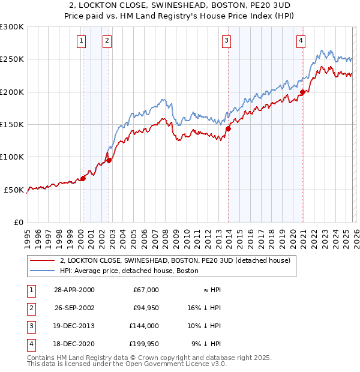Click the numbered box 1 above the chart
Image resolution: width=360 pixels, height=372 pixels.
(x=81, y=41)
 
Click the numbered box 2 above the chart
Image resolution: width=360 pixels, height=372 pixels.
(x=107, y=41)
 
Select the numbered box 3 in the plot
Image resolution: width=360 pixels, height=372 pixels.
(x=226, y=41)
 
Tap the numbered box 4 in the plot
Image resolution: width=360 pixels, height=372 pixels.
(x=301, y=41)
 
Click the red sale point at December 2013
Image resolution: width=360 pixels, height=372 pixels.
(x=229, y=128)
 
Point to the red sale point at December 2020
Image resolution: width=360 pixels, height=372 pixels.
(x=303, y=92)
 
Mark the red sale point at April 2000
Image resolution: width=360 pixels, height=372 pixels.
(x=83, y=178)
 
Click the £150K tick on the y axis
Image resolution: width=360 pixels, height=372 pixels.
(x=12, y=124)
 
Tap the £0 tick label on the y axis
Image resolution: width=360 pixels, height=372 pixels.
(x=18, y=222)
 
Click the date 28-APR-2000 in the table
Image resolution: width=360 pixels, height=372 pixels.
(x=74, y=290)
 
